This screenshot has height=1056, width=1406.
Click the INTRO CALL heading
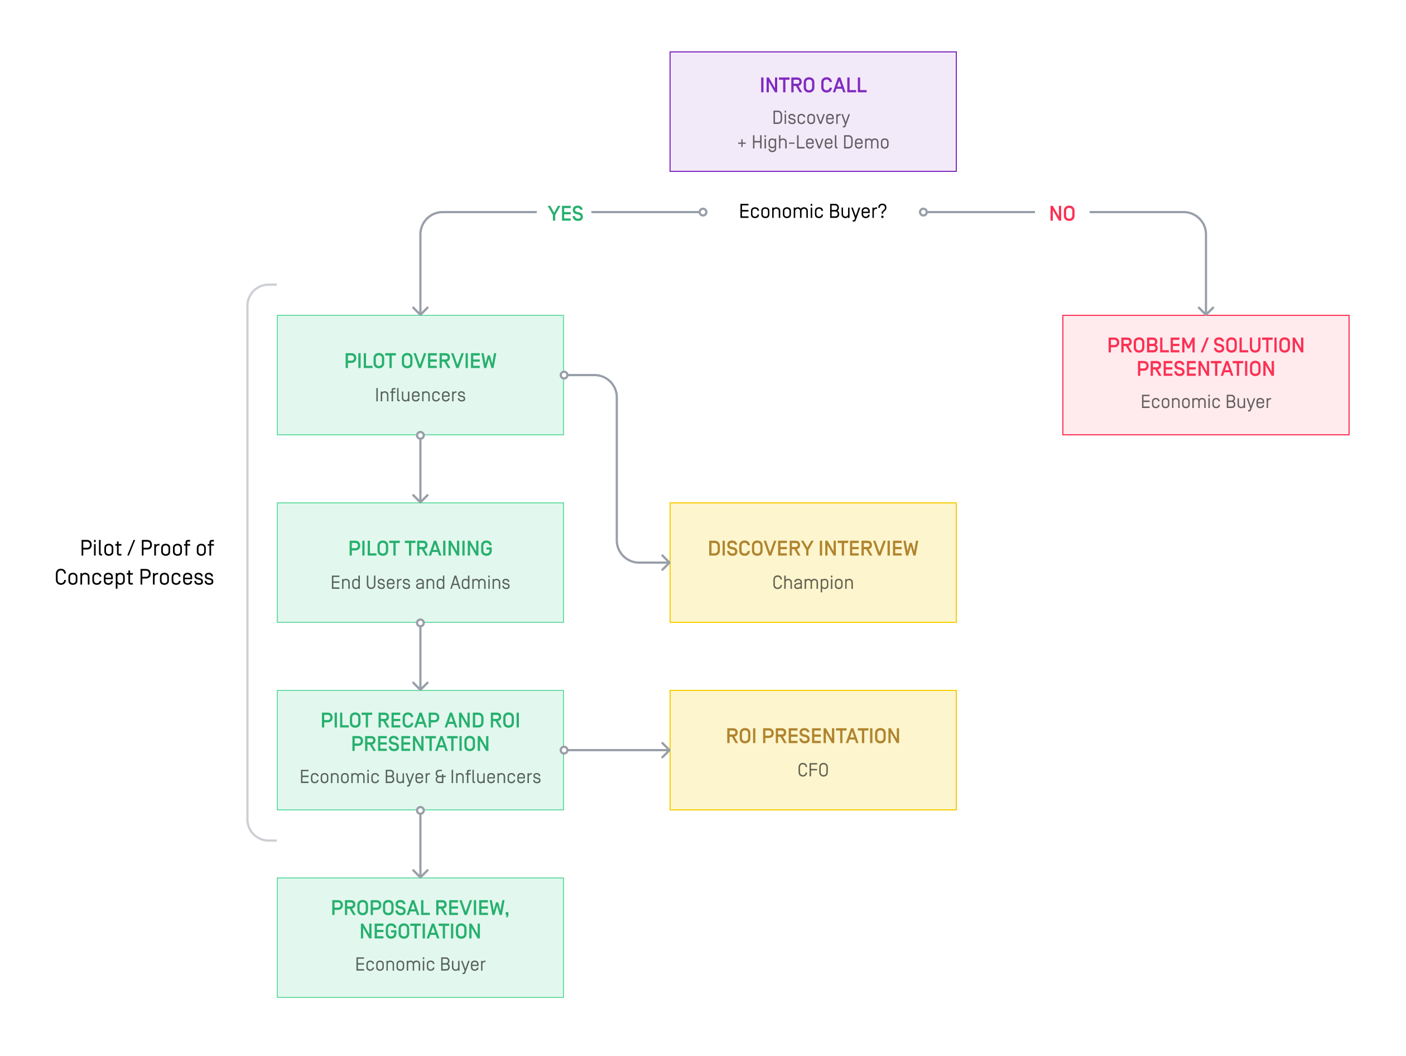click(x=813, y=85)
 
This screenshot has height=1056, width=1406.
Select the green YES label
click(x=565, y=214)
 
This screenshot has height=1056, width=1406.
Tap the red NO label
click(x=1062, y=214)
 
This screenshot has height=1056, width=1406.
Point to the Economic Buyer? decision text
click(x=812, y=212)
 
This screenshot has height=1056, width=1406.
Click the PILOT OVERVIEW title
click(x=420, y=361)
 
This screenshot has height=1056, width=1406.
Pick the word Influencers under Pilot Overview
click(x=420, y=396)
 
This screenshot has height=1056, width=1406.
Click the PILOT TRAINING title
click(x=420, y=549)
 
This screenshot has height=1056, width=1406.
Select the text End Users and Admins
click(x=420, y=583)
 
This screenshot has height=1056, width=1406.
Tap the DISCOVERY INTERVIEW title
click(x=813, y=549)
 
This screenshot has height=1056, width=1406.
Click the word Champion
click(x=813, y=583)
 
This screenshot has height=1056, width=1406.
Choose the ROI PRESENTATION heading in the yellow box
click(x=813, y=736)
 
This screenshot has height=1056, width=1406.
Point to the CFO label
click(x=813, y=771)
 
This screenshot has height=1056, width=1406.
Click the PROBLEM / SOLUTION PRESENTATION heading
click(x=1206, y=357)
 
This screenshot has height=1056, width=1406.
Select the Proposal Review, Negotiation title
click(x=420, y=920)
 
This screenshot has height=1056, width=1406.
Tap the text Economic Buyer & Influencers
click(x=420, y=777)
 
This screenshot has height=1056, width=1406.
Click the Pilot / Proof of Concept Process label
click(x=134, y=563)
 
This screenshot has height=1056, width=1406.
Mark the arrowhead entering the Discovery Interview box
click(x=666, y=563)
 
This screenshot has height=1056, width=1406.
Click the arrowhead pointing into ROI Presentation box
click(x=666, y=750)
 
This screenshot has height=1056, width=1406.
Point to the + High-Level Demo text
click(x=813, y=142)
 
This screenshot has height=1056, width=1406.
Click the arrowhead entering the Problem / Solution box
click(x=1206, y=311)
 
